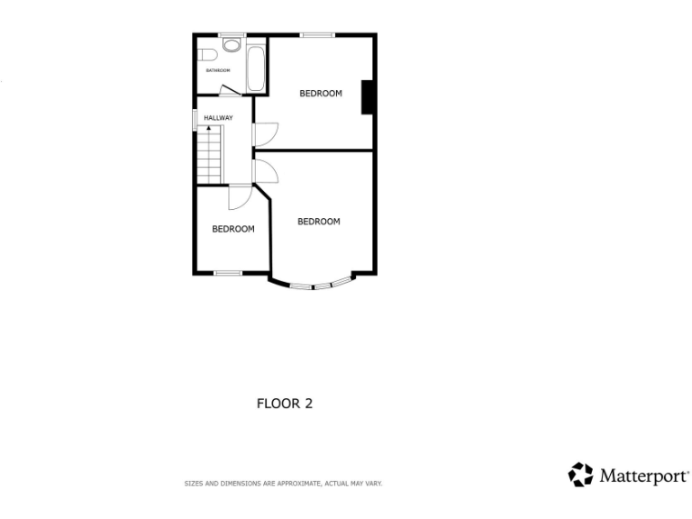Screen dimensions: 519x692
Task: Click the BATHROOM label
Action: [x=218, y=70]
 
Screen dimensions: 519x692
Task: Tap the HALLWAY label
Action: [x=218, y=118]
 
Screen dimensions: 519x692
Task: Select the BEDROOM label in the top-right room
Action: [x=321, y=93]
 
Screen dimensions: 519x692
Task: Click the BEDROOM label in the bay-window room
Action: [x=319, y=222]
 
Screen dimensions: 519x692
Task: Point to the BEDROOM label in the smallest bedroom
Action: [x=232, y=229]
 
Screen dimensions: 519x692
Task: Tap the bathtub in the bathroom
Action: [x=255, y=65]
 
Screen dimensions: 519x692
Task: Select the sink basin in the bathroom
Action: [x=232, y=44]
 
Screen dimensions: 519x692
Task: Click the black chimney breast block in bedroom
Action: [x=368, y=97]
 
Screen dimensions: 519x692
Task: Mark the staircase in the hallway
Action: [x=210, y=154]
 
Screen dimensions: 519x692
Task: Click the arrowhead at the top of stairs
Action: [x=209, y=130]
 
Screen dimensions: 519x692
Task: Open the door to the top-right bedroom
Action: [x=263, y=132]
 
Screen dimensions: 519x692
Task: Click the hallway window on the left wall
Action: [x=196, y=119]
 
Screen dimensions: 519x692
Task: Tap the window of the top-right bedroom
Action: [x=317, y=35]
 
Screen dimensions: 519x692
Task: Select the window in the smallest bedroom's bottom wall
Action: [x=228, y=273]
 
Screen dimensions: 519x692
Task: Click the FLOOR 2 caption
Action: [x=285, y=404]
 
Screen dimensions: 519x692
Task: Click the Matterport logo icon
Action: [x=580, y=475]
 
